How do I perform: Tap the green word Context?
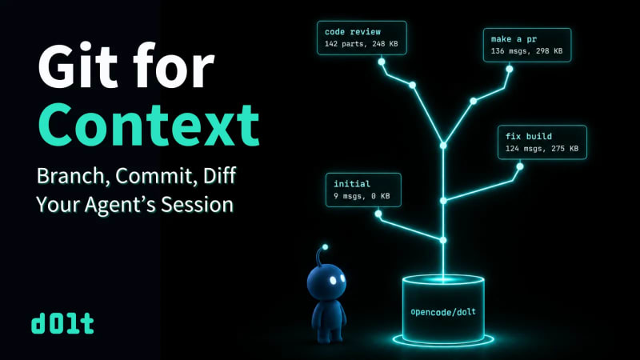[x=149, y=124]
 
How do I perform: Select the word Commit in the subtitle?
[x=154, y=176]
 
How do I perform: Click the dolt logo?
[x=62, y=324]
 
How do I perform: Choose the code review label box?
[x=362, y=38]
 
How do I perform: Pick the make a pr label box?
[x=527, y=45]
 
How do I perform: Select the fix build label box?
[x=542, y=142]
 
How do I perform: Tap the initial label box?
[x=363, y=190]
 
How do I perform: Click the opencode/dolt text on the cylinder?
[x=443, y=312]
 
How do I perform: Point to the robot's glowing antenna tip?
[x=325, y=247]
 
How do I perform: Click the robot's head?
[x=326, y=282]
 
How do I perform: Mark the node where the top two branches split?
[x=443, y=146]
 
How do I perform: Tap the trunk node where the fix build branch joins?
[x=443, y=201]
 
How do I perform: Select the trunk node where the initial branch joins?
[x=443, y=240]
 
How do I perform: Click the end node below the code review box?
[x=382, y=62]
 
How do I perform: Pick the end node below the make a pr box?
[x=510, y=69]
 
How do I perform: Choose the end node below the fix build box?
[x=519, y=166]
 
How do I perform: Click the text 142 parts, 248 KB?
[x=362, y=44]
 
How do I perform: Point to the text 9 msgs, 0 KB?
[x=362, y=196]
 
